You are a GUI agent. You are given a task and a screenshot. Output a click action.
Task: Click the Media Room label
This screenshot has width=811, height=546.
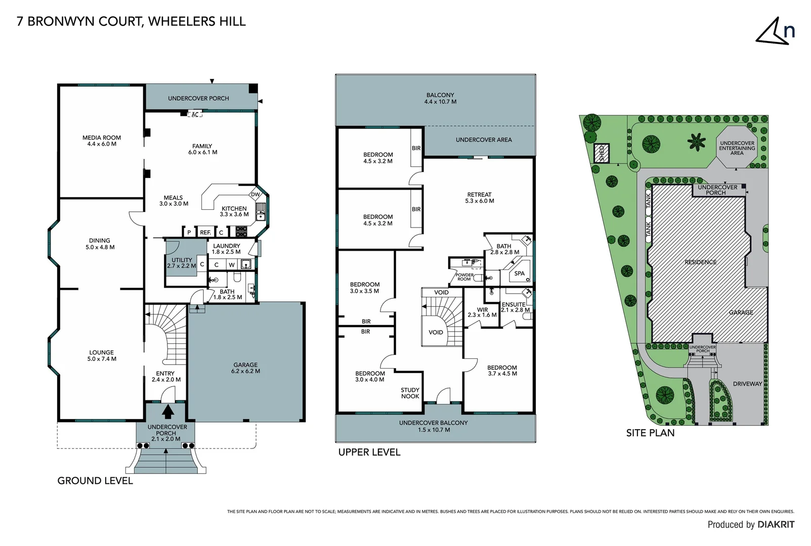102,141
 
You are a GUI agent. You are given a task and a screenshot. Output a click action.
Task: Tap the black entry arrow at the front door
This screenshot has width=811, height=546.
168,412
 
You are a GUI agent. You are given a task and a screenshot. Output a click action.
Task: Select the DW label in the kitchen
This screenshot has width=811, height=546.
255,195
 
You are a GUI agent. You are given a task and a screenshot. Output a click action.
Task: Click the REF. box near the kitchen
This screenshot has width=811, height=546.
205,233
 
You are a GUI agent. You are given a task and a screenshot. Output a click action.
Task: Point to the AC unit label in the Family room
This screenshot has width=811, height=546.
195,115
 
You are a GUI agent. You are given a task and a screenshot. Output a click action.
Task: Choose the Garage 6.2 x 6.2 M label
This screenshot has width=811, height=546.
245,368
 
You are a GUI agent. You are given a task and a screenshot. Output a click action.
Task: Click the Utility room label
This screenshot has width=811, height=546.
182,263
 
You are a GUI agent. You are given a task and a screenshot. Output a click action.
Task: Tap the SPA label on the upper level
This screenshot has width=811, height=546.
520,274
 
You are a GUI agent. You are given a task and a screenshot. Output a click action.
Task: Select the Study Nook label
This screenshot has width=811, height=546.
410,393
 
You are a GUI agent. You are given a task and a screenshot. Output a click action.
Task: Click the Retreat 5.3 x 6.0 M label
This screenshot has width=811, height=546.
479,198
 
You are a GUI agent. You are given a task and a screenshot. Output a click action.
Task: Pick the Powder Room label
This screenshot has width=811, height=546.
464,277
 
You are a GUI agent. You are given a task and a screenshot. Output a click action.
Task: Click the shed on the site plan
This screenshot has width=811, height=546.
602,153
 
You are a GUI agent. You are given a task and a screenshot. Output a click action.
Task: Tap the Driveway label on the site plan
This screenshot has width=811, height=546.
747,384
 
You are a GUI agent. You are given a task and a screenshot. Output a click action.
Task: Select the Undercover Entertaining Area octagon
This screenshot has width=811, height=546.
737,148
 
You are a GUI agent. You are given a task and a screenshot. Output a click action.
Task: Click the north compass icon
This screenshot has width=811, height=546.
774,31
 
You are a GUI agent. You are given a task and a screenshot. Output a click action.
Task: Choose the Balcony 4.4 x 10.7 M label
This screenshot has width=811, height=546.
440,98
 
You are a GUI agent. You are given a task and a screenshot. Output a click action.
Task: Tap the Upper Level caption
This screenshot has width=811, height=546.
369,452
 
